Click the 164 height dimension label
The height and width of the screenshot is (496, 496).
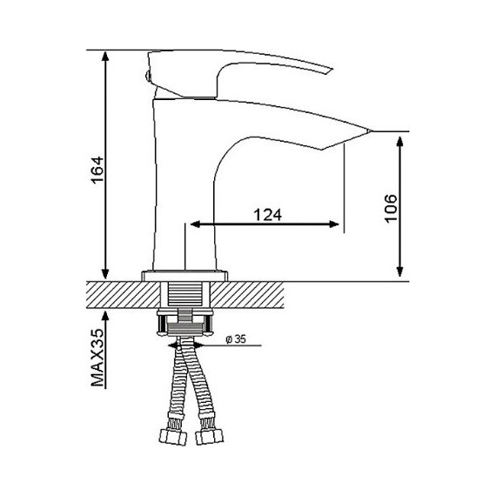tap(97, 170)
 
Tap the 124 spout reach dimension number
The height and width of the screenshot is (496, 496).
tap(268, 215)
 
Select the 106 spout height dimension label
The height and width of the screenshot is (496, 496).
tap(391, 209)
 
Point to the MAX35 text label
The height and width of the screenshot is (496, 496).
tap(97, 358)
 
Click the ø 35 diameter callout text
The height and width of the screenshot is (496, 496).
tap(236, 339)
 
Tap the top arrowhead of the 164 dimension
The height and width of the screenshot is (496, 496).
tap(105, 56)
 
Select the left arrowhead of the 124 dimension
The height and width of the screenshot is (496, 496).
tap(196, 225)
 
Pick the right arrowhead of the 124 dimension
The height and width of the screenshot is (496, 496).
tap(334, 225)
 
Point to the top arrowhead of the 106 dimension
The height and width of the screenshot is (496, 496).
tap(399, 142)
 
